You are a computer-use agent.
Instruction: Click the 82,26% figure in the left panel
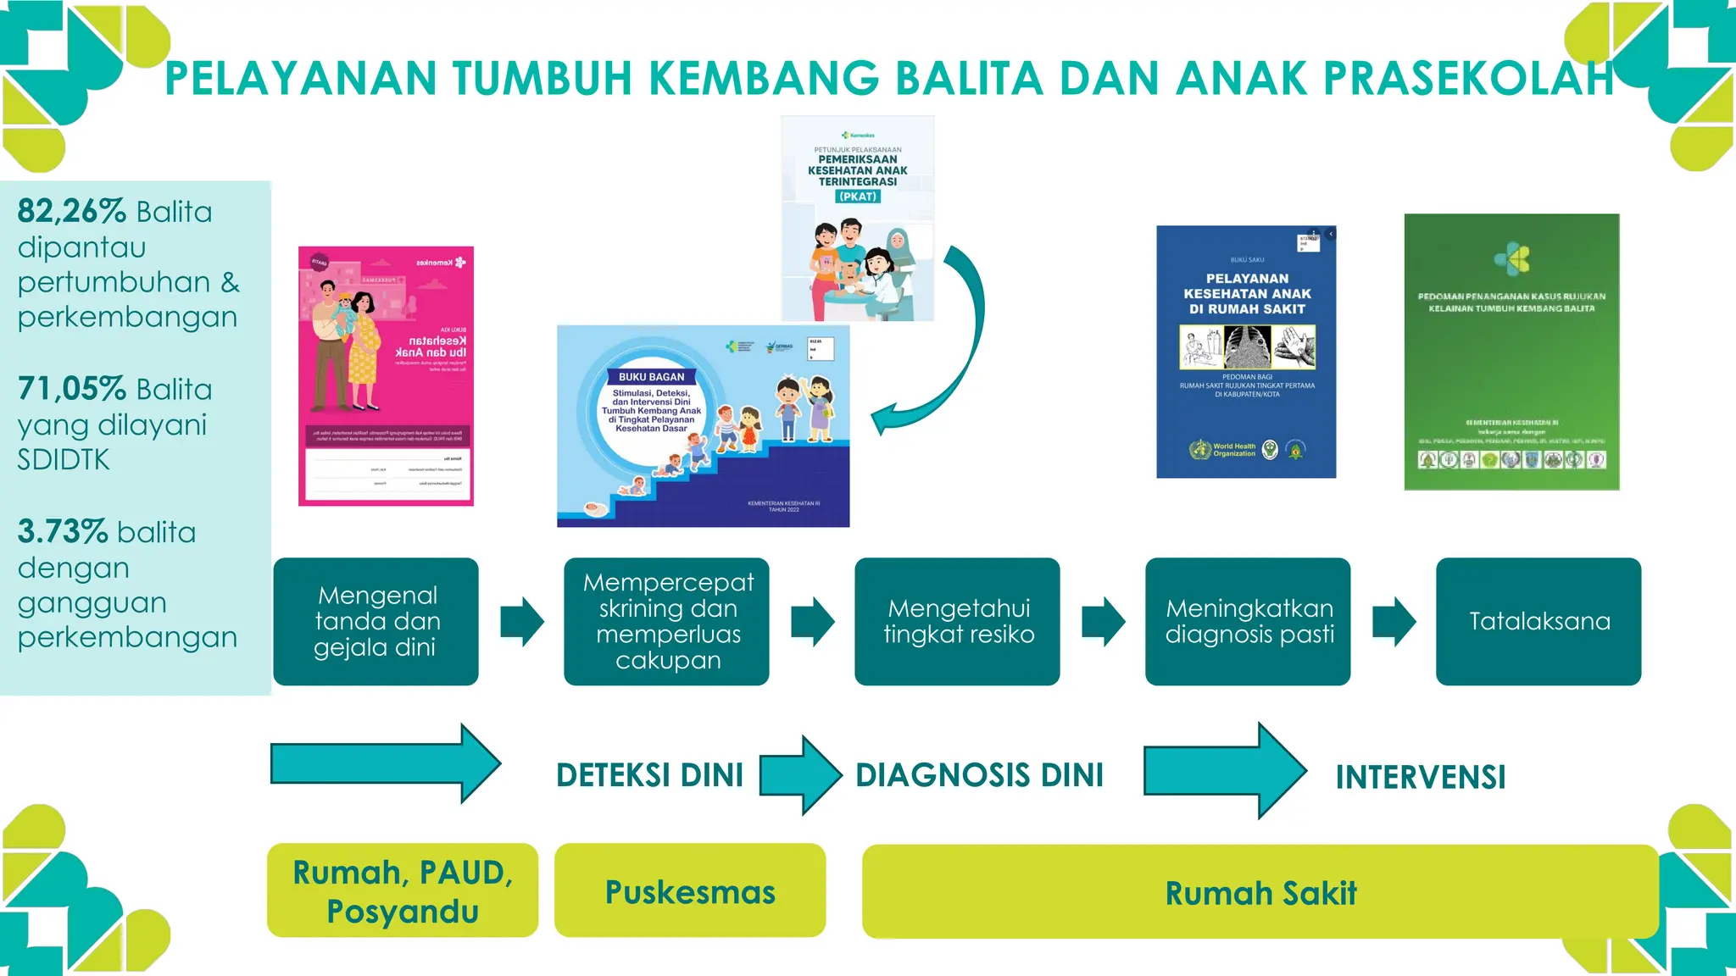pyautogui.click(x=71, y=211)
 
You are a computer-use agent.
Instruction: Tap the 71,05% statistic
pyautogui.click(x=72, y=389)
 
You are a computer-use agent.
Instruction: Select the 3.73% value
pyautogui.click(x=63, y=532)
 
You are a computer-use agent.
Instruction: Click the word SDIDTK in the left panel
pyautogui.click(x=64, y=460)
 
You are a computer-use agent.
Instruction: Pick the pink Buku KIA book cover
pyautogui.click(x=386, y=376)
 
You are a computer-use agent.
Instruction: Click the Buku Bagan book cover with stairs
pyautogui.click(x=703, y=426)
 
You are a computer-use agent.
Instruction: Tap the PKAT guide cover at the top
pyautogui.click(x=857, y=219)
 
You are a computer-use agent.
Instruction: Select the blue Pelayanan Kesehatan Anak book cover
pyautogui.click(x=1246, y=352)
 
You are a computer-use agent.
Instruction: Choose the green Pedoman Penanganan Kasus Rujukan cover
pyautogui.click(x=1511, y=352)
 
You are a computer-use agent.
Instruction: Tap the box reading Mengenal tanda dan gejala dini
pyautogui.click(x=376, y=621)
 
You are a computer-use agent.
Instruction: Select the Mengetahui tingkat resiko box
pyautogui.click(x=958, y=621)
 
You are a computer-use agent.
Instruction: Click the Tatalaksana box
pyautogui.click(x=1538, y=621)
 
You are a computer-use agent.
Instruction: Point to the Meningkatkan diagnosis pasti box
pyautogui.click(x=1248, y=621)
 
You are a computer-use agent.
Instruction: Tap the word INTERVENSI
pyautogui.click(x=1421, y=777)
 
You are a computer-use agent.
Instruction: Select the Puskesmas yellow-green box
pyautogui.click(x=690, y=890)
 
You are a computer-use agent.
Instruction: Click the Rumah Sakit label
pyautogui.click(x=1260, y=893)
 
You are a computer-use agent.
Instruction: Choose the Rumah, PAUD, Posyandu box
pyautogui.click(x=403, y=890)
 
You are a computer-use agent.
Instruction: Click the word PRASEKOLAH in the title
pyautogui.click(x=1468, y=79)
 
